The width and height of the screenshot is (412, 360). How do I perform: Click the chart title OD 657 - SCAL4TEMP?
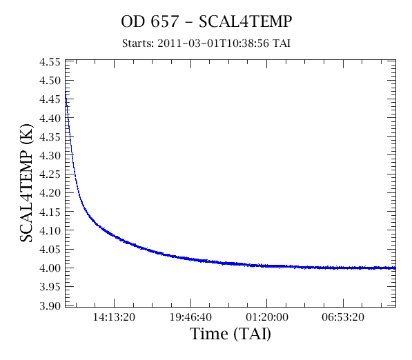pos(206,21)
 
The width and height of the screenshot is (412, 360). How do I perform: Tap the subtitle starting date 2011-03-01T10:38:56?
pos(213,43)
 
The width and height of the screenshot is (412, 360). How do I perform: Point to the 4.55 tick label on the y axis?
pos(50,62)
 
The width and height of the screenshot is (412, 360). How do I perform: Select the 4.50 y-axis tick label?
pos(50,81)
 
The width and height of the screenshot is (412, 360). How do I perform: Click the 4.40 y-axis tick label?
pos(50,118)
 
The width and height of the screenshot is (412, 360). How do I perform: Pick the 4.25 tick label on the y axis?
pos(50,174)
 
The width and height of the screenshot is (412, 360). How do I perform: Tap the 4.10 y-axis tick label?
pos(50,230)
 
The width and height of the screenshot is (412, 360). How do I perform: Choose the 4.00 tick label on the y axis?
pos(50,268)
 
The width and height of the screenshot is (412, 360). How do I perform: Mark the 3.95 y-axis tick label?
pos(50,287)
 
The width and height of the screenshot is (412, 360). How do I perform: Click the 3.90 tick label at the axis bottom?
pos(50,306)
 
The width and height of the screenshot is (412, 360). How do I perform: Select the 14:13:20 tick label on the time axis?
pos(114,317)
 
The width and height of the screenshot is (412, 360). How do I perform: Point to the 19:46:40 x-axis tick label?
pos(190,317)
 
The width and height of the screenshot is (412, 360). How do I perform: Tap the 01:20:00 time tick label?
pos(267,317)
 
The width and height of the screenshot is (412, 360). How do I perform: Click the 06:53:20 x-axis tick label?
pos(343,317)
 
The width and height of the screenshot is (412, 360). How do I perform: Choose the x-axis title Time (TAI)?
pos(230,334)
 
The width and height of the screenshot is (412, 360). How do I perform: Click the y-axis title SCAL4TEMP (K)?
pos(26,183)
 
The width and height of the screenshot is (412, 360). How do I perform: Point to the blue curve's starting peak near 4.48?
pos(65,86)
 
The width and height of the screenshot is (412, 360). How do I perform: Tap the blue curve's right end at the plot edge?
pos(395,268)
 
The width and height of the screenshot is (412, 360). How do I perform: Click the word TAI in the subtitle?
pos(281,43)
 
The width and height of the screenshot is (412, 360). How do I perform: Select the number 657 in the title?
pos(165,21)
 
